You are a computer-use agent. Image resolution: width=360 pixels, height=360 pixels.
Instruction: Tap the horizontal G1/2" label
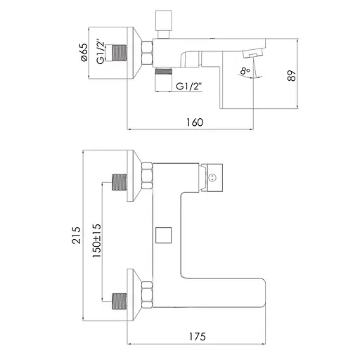pos(189,86)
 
